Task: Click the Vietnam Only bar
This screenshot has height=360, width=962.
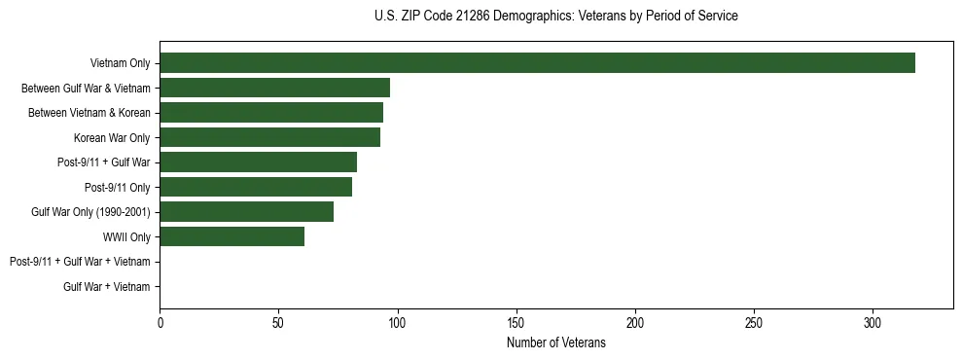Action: [537, 63]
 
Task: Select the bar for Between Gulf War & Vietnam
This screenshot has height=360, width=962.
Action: [274, 88]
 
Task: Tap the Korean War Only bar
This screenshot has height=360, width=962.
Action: [269, 137]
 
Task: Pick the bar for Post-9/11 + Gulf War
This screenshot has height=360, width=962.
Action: [258, 162]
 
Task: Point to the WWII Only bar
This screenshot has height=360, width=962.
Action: [232, 236]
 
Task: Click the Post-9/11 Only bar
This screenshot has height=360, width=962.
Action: [256, 187]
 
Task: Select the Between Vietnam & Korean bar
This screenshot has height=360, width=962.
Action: [271, 113]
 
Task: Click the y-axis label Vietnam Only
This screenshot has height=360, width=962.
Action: [120, 63]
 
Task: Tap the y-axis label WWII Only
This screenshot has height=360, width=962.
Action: [126, 236]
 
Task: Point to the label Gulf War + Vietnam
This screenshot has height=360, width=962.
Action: [107, 286]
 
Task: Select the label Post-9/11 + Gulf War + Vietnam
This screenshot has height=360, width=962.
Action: [80, 262]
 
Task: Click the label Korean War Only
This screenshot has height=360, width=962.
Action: [112, 137]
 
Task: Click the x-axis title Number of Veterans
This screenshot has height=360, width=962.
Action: [555, 343]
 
